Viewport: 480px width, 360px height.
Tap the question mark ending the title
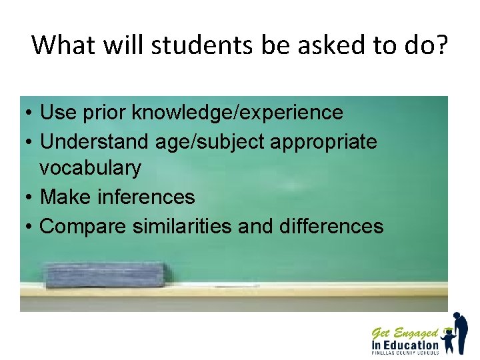pos(441,45)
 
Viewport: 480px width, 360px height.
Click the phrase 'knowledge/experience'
pos(237,113)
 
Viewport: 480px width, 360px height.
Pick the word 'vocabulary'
pos(90,168)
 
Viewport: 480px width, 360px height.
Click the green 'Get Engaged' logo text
pos(405,333)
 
